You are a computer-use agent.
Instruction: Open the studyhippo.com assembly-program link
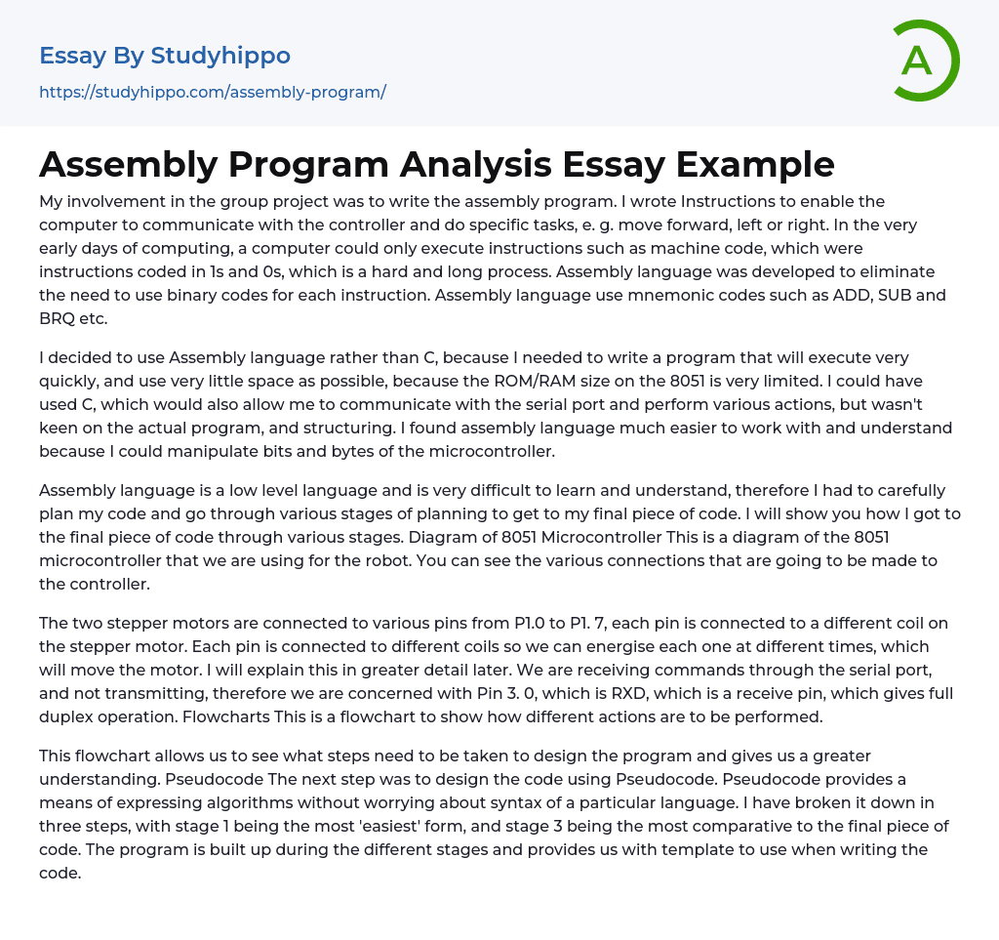(213, 92)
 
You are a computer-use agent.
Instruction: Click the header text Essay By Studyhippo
(165, 56)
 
